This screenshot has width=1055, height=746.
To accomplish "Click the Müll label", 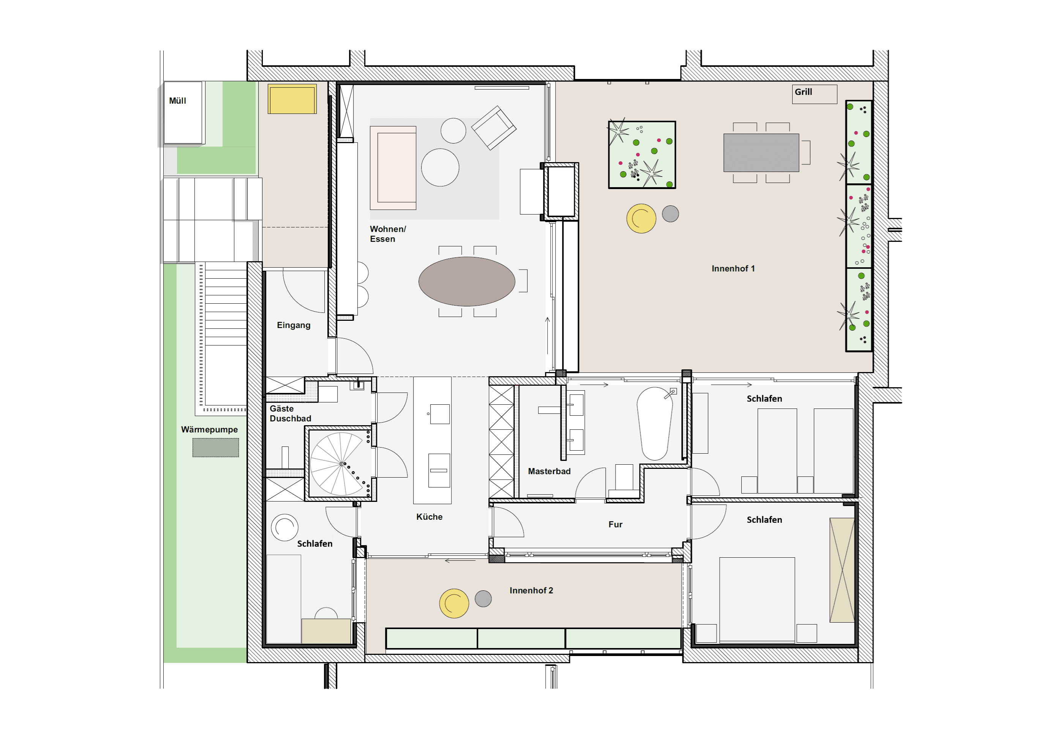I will coord(177,101).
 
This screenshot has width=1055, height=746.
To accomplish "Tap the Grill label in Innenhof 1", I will coord(803,92).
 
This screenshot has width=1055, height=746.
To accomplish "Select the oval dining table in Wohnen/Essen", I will coord(466,281).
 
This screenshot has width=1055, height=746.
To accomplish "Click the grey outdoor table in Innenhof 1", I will coord(761,153).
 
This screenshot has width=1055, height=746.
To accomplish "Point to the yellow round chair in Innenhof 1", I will coord(641,218).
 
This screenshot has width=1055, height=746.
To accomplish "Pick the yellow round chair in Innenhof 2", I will coord(454,603).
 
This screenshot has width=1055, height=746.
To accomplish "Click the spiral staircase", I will coord(341,464).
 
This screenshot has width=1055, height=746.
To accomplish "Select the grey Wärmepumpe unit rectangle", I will coord(215,448).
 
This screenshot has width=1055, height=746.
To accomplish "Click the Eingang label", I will coord(294,325).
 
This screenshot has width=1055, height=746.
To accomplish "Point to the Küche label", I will coord(429,517).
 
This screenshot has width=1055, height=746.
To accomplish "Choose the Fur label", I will coord(615,524).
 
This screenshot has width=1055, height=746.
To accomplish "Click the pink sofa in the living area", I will coord(393,168).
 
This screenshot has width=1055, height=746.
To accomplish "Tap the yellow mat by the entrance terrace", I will coord(292,99).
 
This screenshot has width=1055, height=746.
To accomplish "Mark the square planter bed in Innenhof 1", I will coord(642,155).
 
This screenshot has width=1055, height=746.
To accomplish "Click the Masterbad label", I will coord(549,471).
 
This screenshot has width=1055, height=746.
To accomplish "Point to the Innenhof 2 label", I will coord(531,590).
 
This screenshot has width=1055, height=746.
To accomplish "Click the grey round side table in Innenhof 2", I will coord(483,599).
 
